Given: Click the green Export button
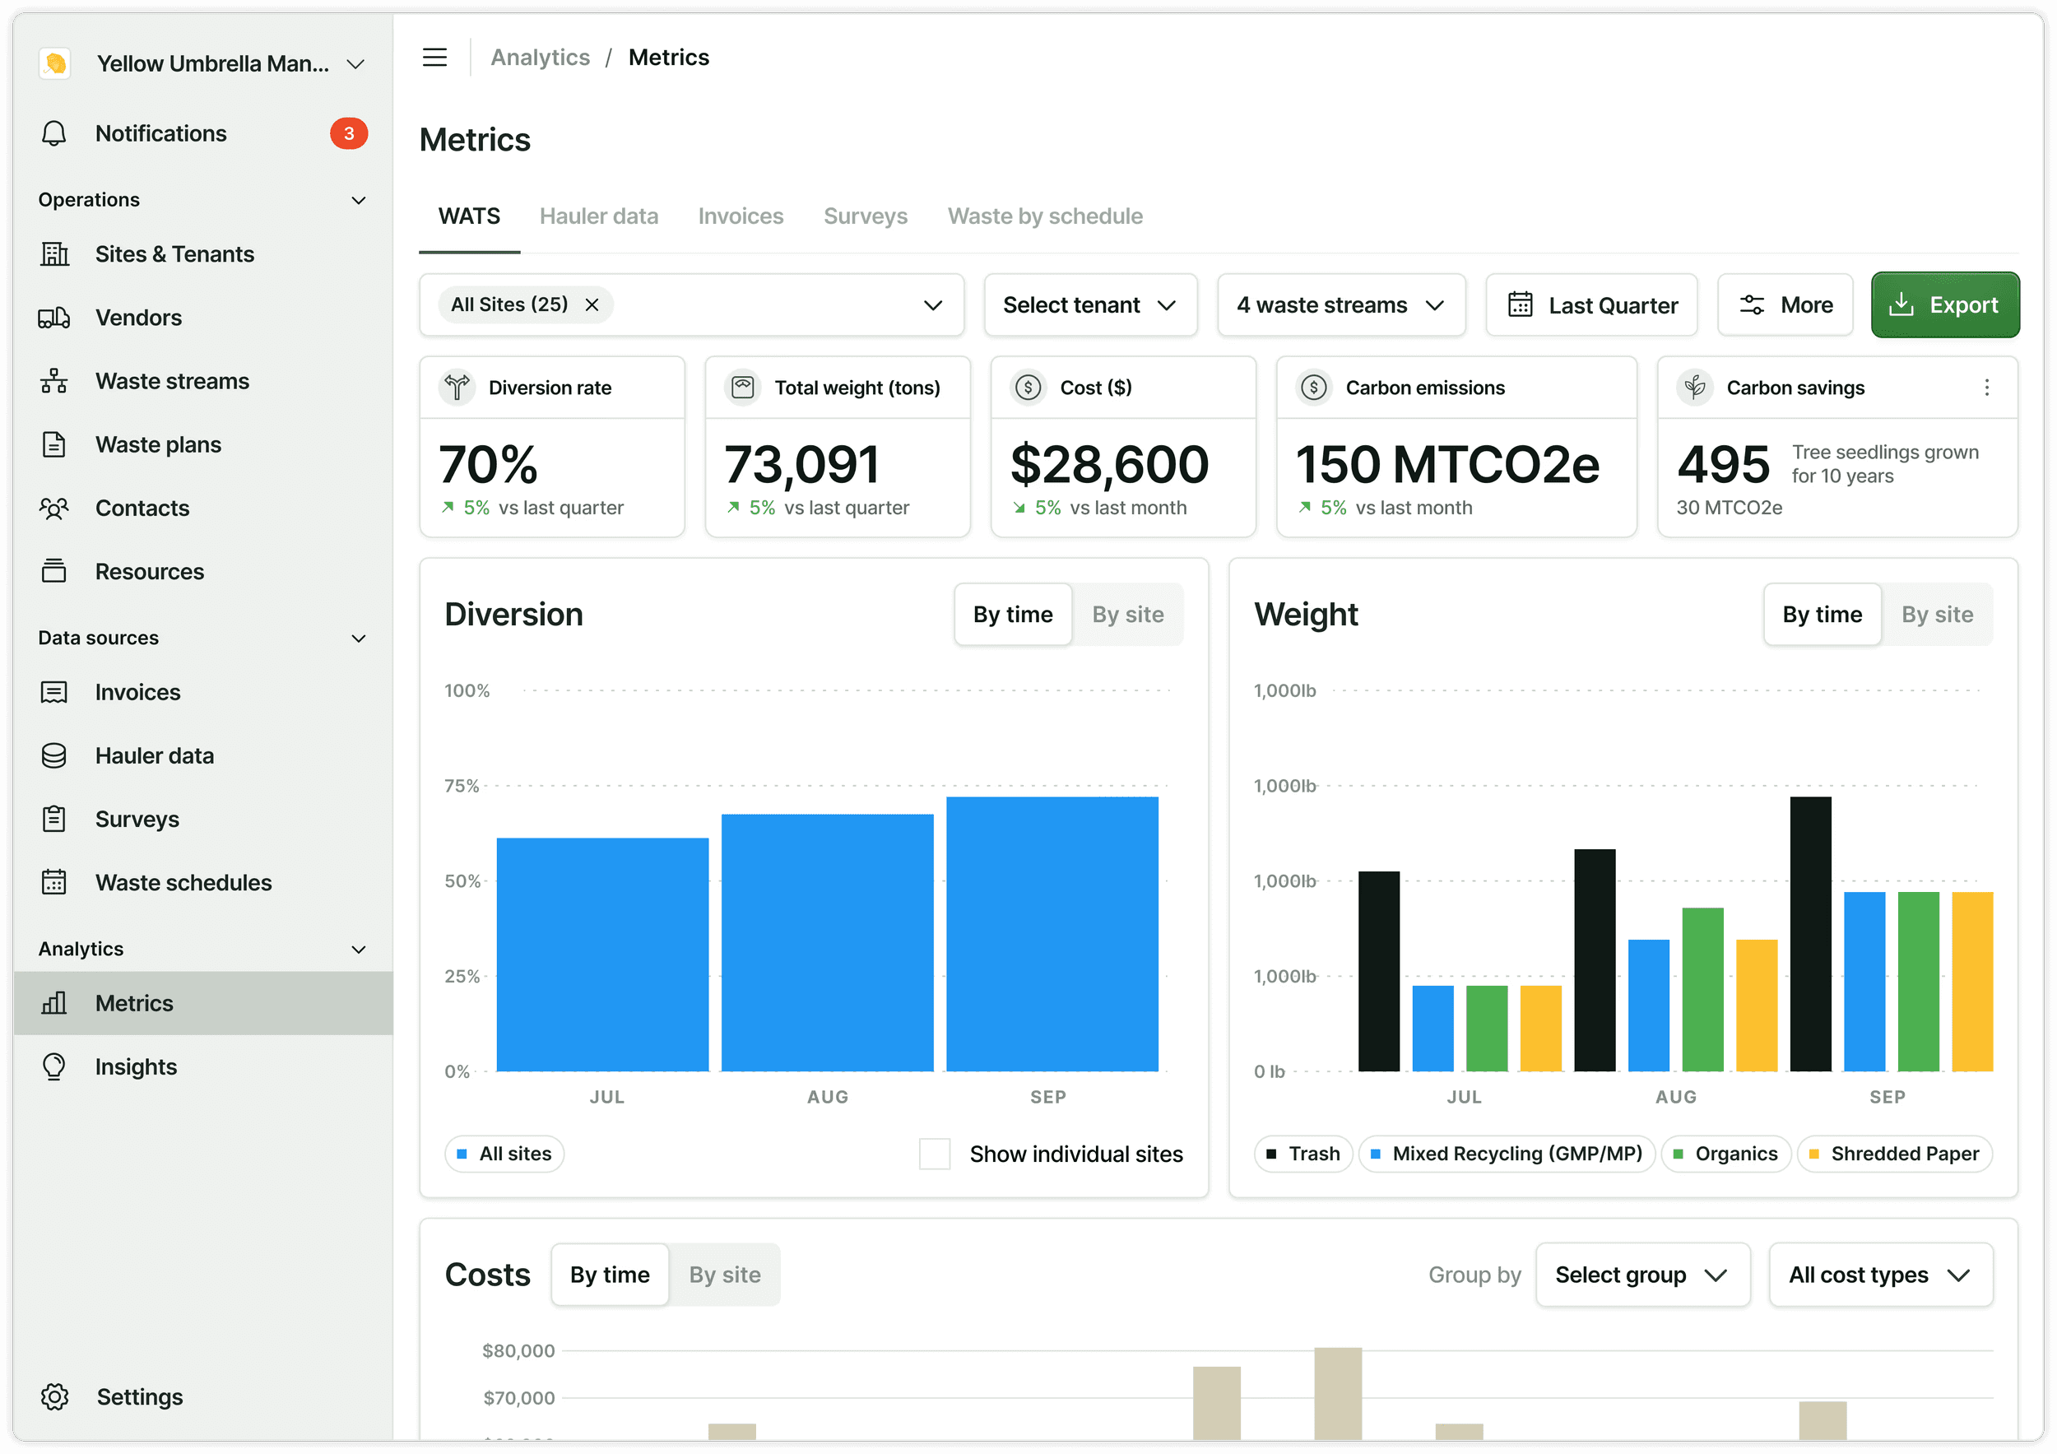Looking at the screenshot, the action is coord(1944,304).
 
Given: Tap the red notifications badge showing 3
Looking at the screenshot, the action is coord(349,133).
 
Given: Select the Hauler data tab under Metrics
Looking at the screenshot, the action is coord(598,216).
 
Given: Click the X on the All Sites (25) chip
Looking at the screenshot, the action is coord(592,304).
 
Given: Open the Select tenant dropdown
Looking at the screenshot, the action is coord(1090,304).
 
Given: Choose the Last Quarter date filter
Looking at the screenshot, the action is coord(1591,304).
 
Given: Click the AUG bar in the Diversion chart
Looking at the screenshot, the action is coord(827,942).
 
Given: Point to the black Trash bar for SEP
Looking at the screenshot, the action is coord(1811,933).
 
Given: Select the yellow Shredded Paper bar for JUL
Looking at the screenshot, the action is coord(1541,1029).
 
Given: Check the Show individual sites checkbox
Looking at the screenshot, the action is coord(935,1154).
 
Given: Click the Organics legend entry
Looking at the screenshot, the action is coord(1725,1154).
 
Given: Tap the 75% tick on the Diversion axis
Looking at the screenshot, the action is coord(462,786).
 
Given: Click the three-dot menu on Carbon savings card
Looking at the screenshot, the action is coord(1986,387).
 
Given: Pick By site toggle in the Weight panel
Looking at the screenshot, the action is coord(1937,615).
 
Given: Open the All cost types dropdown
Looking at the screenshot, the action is coord(1880,1275).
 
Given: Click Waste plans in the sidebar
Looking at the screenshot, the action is coord(158,444).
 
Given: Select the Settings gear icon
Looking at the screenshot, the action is coord(54,1396).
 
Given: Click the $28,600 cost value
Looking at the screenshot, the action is coord(1109,464).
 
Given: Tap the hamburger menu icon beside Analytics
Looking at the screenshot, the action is coord(434,58).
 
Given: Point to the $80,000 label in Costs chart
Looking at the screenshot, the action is coord(518,1351).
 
